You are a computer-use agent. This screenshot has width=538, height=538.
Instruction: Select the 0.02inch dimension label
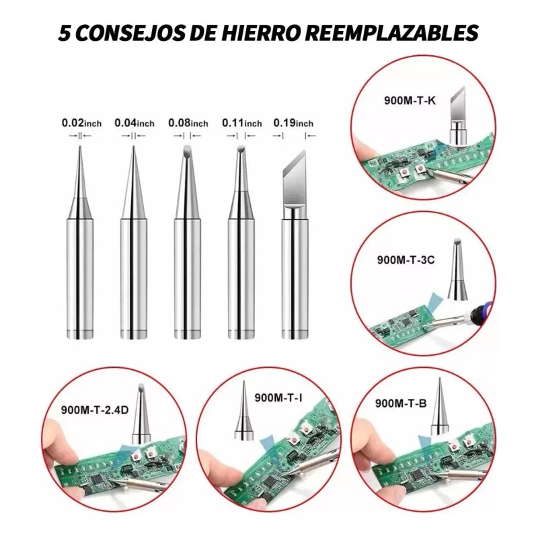coord(81,123)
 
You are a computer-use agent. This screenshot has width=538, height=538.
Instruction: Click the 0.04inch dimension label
coord(134,123)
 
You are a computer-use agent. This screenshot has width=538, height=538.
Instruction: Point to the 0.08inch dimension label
coord(188,123)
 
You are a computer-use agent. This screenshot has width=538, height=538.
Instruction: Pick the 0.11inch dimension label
coord(241,123)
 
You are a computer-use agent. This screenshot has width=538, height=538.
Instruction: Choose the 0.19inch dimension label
coord(293,123)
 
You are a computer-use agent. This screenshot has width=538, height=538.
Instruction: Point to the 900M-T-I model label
coord(278,397)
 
